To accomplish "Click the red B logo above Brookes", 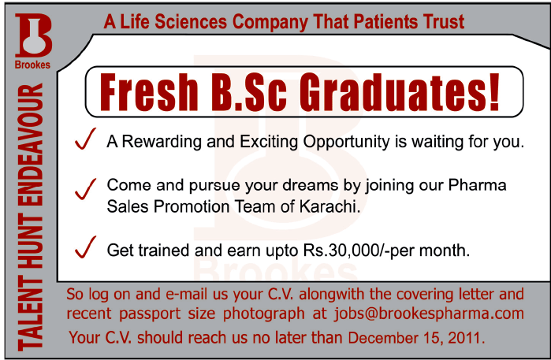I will coord(32,36).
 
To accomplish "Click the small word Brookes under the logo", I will coord(32,65).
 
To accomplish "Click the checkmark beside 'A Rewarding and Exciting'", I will coord(84,140).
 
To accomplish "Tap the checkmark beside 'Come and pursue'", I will coord(84,189).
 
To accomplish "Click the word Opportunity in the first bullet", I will coord(342,143).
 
